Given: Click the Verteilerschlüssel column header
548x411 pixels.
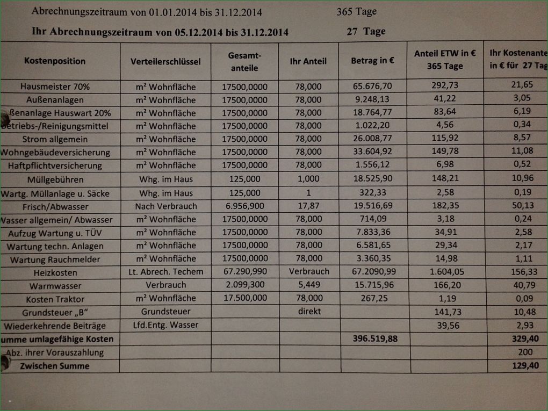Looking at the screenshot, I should [165, 62].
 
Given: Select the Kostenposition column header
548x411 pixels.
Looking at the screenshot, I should [55, 61].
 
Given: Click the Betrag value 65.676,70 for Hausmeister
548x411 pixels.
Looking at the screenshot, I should [372, 86].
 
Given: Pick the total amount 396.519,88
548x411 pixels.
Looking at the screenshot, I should [375, 339].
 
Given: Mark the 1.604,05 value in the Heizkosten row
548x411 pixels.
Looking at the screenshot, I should [446, 272].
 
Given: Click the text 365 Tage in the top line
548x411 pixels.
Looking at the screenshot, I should [356, 11].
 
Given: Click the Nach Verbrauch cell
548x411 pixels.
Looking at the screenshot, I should [166, 206].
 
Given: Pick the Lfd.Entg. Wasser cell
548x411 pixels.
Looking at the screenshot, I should [165, 325].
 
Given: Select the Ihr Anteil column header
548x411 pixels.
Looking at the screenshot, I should [308, 62].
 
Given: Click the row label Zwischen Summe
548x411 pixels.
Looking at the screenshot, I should [54, 366].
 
